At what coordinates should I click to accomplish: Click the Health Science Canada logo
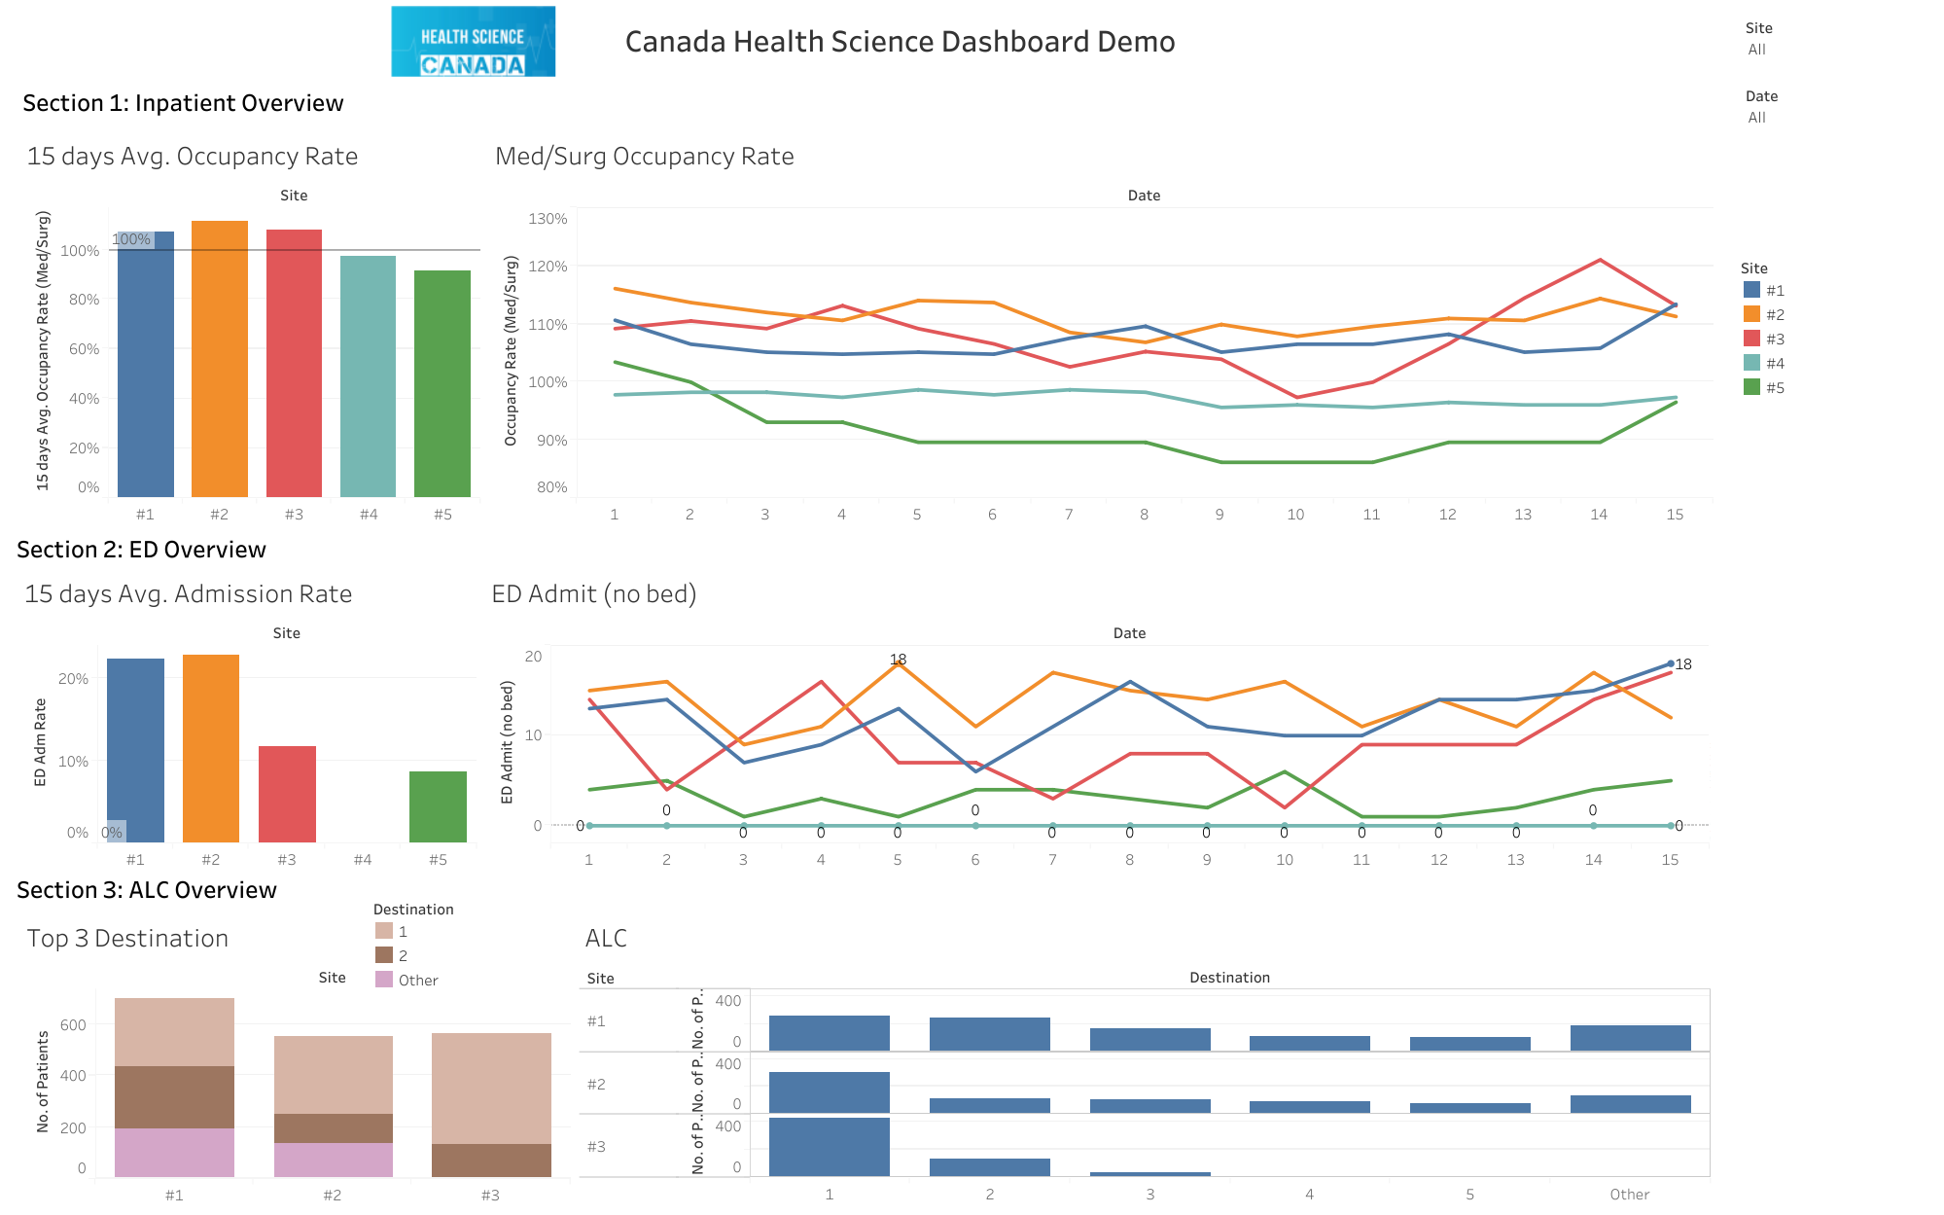tap(473, 42)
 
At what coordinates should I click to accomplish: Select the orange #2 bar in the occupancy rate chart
tap(220, 360)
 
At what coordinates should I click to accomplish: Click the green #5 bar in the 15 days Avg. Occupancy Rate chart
tap(442, 384)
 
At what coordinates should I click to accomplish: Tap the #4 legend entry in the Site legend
tap(1764, 363)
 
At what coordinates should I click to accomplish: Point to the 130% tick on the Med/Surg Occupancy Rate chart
tap(548, 219)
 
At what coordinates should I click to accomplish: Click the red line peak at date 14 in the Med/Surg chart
tap(1600, 261)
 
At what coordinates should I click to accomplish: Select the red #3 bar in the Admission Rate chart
tap(287, 794)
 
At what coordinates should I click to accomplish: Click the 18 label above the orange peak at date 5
tap(898, 660)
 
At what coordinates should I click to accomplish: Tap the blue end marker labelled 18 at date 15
tap(1671, 663)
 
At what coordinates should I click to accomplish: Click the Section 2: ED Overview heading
tap(142, 550)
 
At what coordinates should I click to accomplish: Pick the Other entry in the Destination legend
tap(407, 980)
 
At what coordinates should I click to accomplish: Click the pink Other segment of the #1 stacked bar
tap(174, 1152)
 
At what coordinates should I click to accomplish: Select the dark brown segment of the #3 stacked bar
tap(491, 1160)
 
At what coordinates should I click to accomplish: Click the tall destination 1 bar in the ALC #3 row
tap(829, 1146)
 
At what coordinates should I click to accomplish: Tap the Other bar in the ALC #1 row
tap(1630, 1038)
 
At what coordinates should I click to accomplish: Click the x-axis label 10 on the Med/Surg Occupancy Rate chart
tap(1295, 515)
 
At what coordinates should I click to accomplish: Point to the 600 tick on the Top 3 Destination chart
tap(73, 1024)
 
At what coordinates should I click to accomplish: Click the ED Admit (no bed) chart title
tap(594, 593)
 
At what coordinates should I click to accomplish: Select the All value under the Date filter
tap(1756, 118)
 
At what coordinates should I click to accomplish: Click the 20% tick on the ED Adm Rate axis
tap(73, 678)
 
